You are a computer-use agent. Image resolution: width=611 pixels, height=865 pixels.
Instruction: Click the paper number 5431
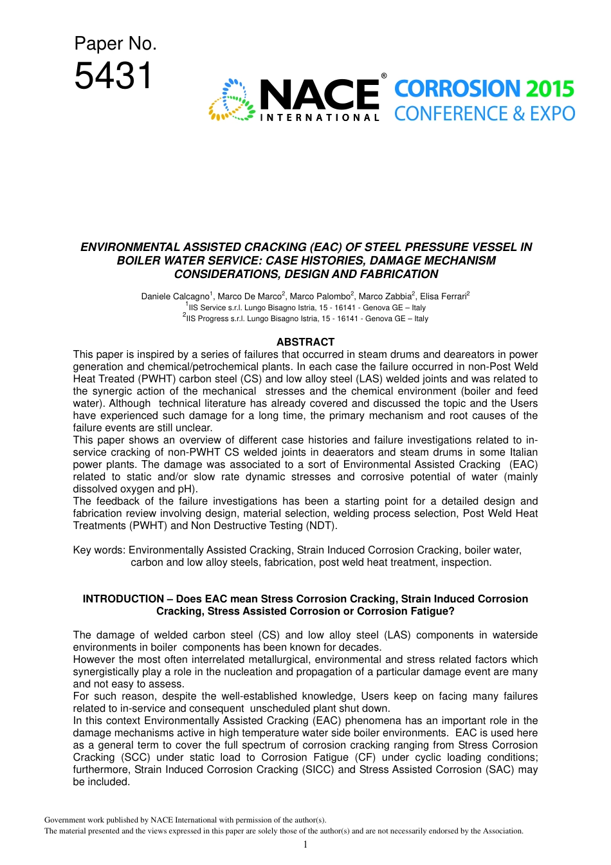[x=113, y=76]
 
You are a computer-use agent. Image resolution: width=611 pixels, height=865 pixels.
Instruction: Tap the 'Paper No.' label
[x=115, y=43]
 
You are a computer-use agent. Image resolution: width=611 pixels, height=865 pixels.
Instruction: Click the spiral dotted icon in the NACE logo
[x=232, y=100]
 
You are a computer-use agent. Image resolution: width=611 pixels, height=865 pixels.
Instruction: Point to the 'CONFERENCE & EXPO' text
[x=484, y=114]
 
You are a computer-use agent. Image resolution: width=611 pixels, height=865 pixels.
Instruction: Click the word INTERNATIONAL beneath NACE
[x=320, y=118]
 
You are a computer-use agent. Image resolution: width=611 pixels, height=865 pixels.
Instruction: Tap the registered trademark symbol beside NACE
[x=384, y=76]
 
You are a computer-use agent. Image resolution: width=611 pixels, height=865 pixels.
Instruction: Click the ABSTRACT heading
[x=305, y=342]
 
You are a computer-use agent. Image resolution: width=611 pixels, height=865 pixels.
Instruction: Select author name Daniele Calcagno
[x=175, y=296]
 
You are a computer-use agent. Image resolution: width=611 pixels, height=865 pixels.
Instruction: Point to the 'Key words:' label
[x=99, y=550]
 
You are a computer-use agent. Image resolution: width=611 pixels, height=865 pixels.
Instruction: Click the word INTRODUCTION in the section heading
[x=123, y=599]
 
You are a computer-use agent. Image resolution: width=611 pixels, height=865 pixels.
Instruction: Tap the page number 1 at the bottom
[x=305, y=844]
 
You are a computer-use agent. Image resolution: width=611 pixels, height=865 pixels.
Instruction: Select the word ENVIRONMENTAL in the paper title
[x=129, y=247]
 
